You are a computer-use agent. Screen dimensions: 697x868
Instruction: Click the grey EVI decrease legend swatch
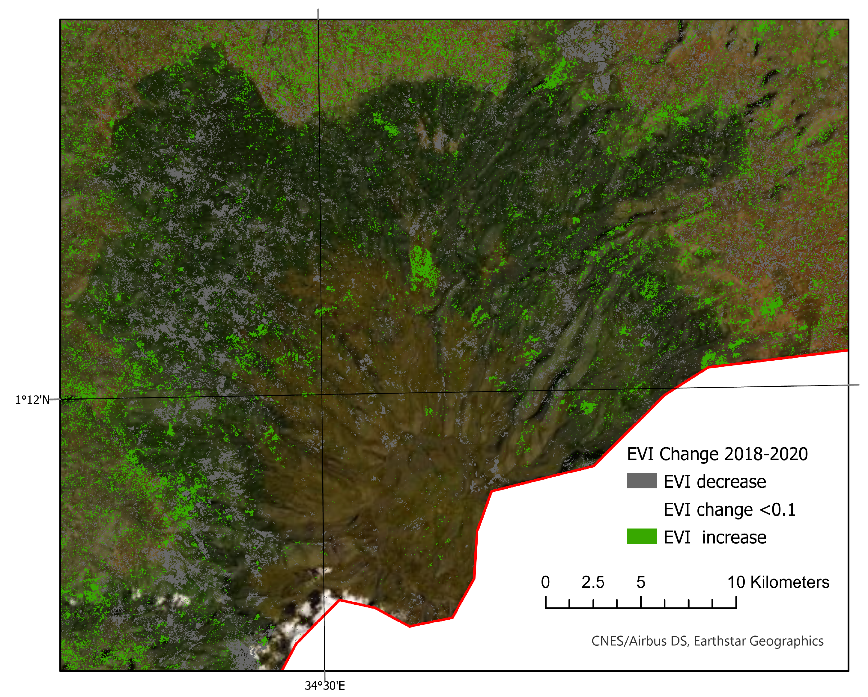(x=642, y=481)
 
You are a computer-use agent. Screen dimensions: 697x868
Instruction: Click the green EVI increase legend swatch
(x=642, y=537)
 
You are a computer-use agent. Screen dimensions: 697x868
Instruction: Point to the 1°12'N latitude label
(x=32, y=400)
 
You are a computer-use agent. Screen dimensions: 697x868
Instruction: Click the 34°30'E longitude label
(x=324, y=686)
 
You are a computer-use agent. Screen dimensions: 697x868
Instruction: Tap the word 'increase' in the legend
(x=734, y=537)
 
